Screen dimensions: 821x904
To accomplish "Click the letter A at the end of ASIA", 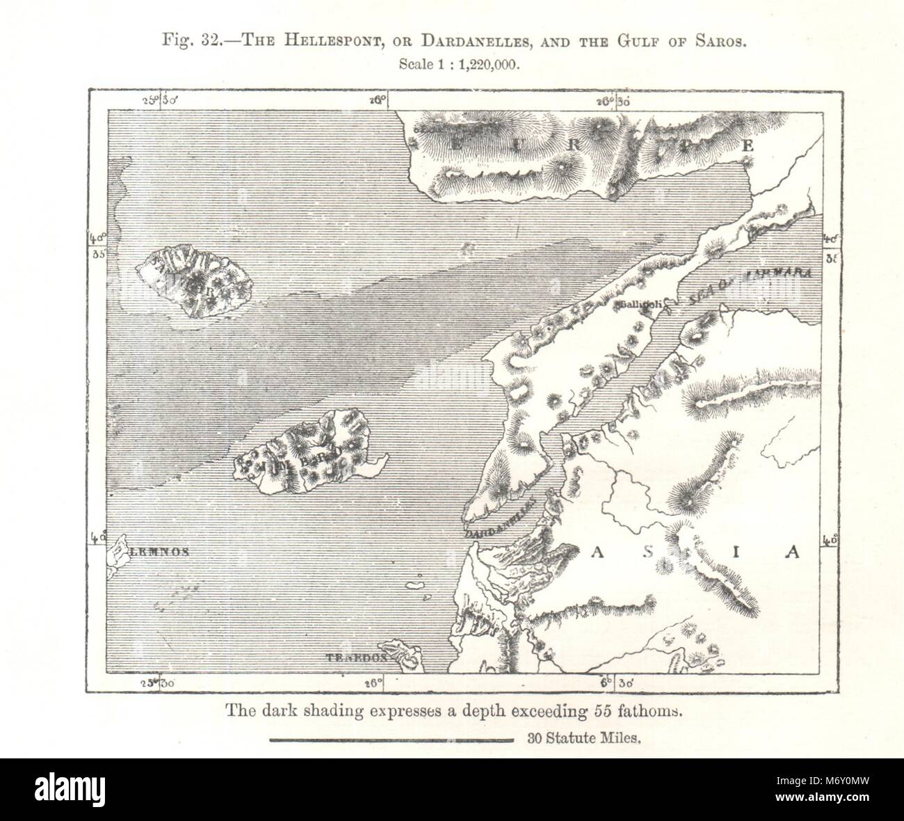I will click(x=791, y=553).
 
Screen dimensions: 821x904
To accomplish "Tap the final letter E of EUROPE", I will click(x=748, y=145).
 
